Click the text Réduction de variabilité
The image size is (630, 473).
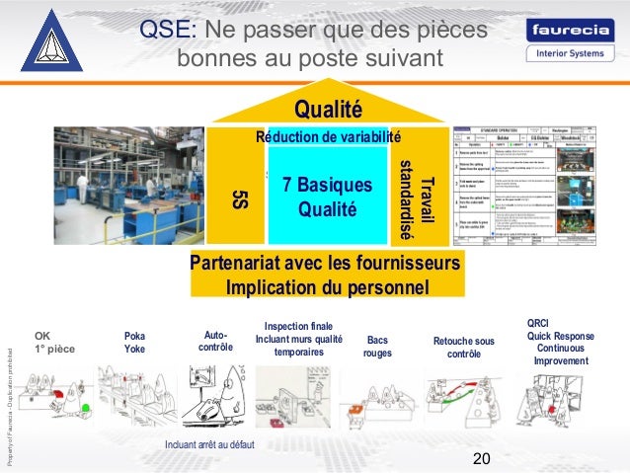(x=328, y=137)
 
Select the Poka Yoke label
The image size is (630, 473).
(x=134, y=342)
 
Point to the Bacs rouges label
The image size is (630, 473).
(x=377, y=346)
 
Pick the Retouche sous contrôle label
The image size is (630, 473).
(x=463, y=348)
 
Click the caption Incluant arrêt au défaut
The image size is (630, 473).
(x=209, y=445)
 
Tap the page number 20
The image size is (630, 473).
(x=482, y=458)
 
